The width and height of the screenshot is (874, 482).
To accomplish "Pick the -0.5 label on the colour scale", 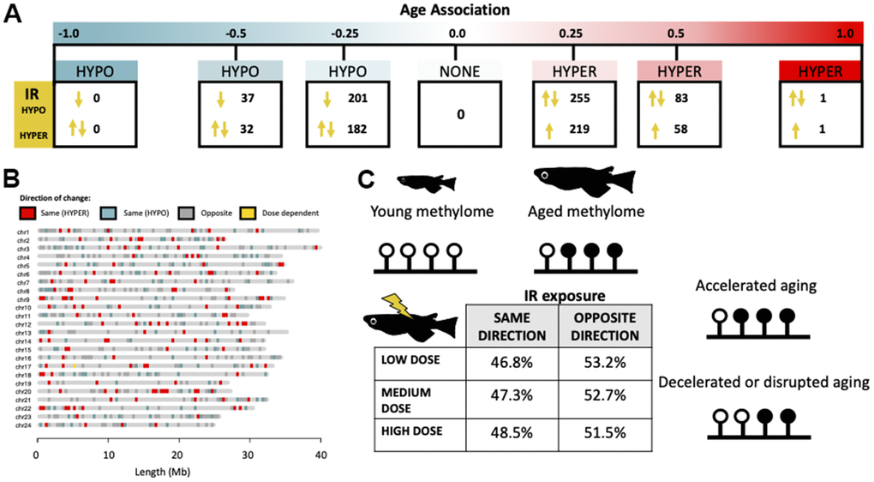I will (x=236, y=33).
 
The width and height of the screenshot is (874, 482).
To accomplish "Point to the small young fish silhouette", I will (x=426, y=181).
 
